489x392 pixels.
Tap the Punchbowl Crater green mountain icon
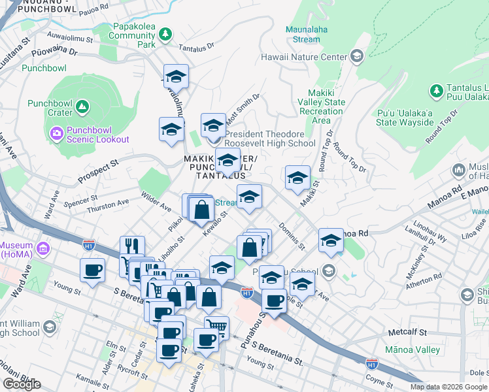tap(82, 106)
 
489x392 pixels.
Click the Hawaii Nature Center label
tap(303, 57)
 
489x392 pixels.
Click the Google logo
tap(22, 384)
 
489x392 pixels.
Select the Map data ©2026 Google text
tap(448, 387)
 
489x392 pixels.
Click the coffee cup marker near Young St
tap(92, 270)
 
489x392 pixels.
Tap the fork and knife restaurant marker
tap(132, 247)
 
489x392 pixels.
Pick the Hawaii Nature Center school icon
tap(357, 57)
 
